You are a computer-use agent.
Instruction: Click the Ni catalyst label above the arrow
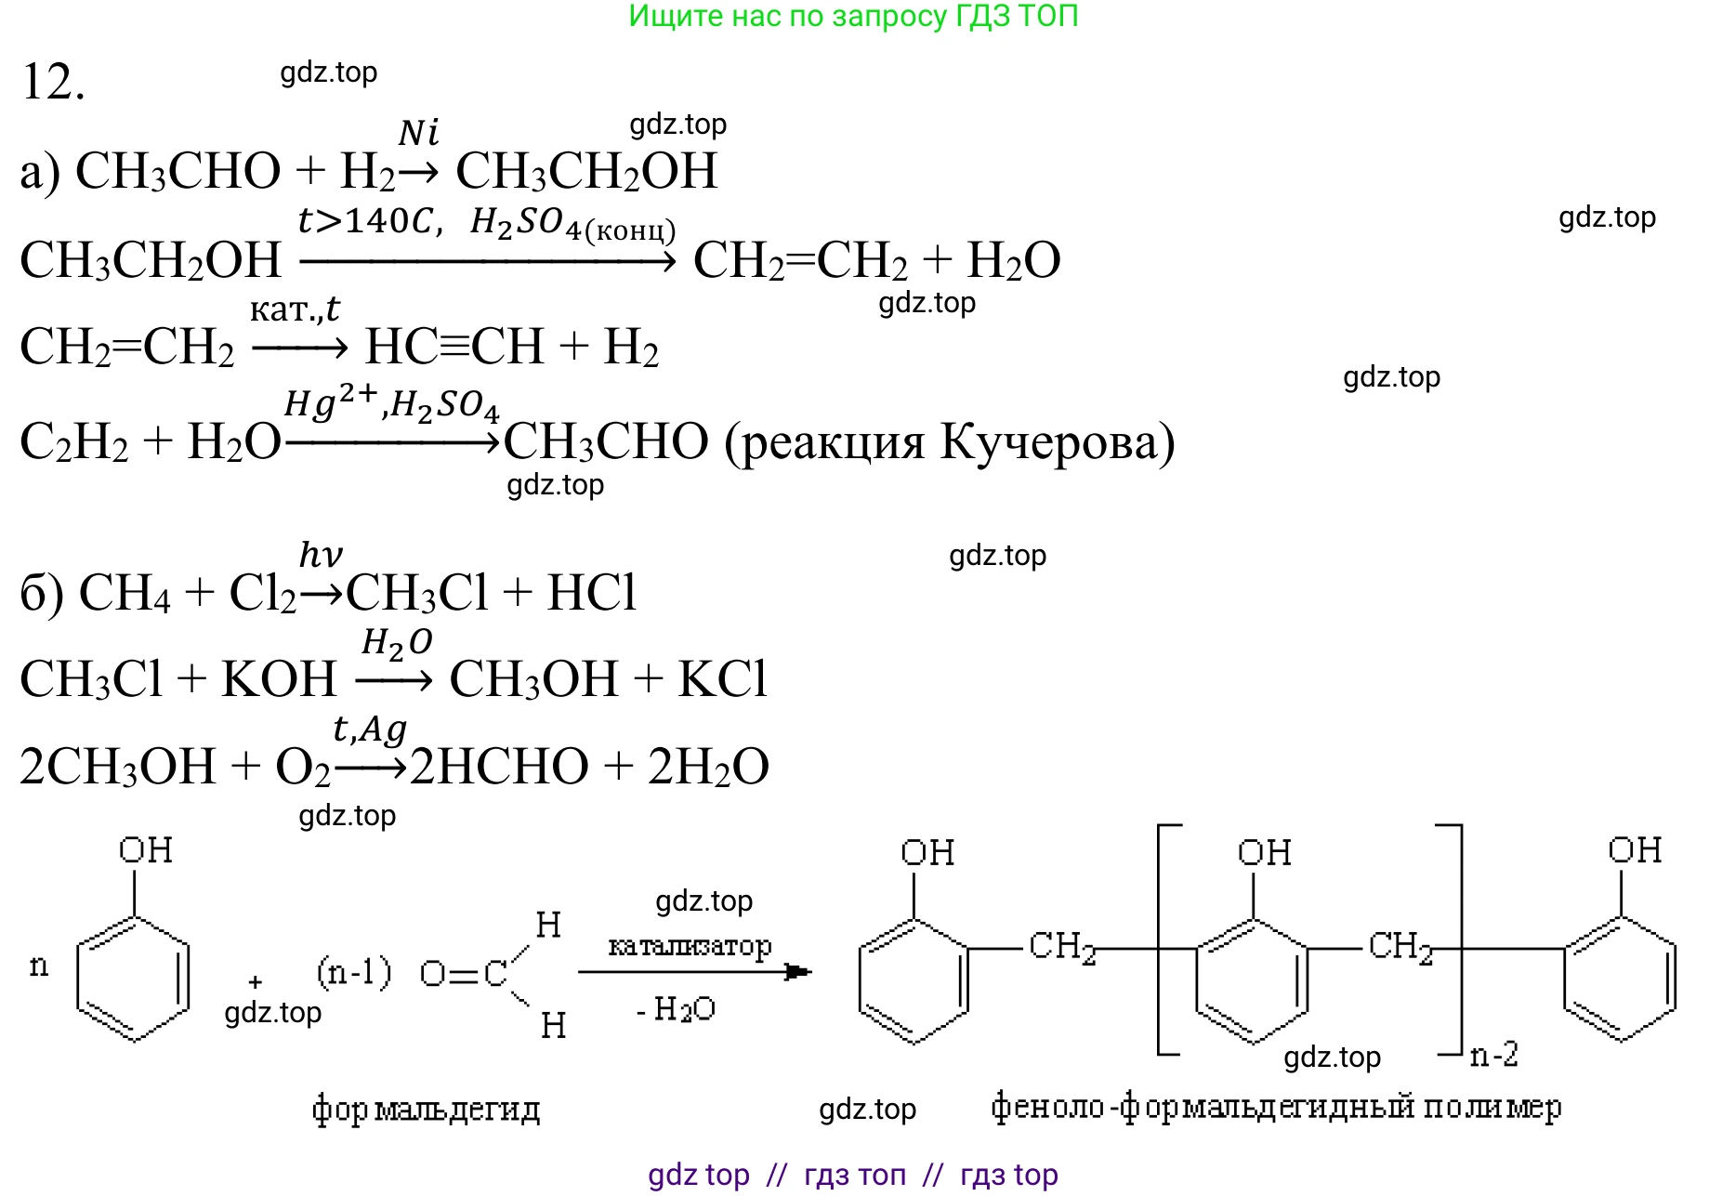[418, 133]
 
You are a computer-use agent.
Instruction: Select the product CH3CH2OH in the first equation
[586, 172]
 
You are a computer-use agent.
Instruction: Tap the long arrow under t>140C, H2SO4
[488, 261]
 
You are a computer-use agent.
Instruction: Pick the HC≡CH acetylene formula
[454, 348]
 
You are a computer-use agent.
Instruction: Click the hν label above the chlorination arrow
[321, 555]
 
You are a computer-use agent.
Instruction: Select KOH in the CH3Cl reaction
[279, 679]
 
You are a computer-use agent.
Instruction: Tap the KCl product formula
[722, 679]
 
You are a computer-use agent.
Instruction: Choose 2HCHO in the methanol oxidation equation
[499, 768]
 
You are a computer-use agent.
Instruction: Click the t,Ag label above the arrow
[370, 729]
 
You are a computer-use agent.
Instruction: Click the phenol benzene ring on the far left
[134, 978]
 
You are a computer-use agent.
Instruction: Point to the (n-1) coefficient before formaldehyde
[354, 972]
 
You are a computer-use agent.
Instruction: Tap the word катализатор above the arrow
[690, 946]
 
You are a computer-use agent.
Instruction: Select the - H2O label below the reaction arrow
[676, 1009]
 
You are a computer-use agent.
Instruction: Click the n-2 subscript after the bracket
[1494, 1055]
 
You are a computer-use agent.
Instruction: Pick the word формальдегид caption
[426, 1109]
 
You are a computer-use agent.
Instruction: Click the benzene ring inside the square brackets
[1253, 980]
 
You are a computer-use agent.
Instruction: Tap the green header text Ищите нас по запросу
[790, 16]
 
